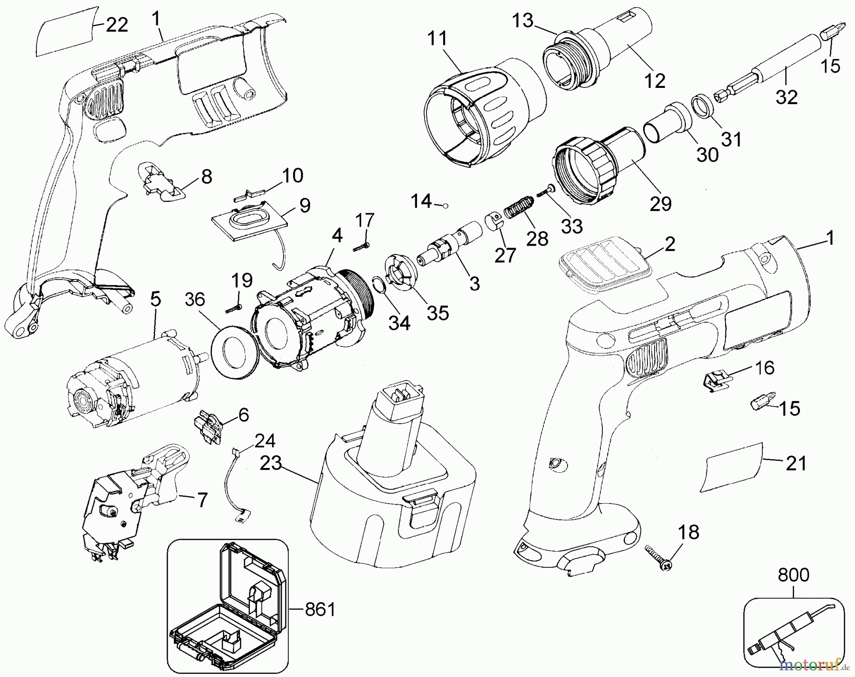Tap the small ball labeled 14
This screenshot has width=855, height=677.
tap(445, 205)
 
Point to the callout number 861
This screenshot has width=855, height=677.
tap(320, 609)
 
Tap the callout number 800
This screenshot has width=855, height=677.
tap(793, 575)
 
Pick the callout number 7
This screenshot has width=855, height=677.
tap(202, 500)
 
